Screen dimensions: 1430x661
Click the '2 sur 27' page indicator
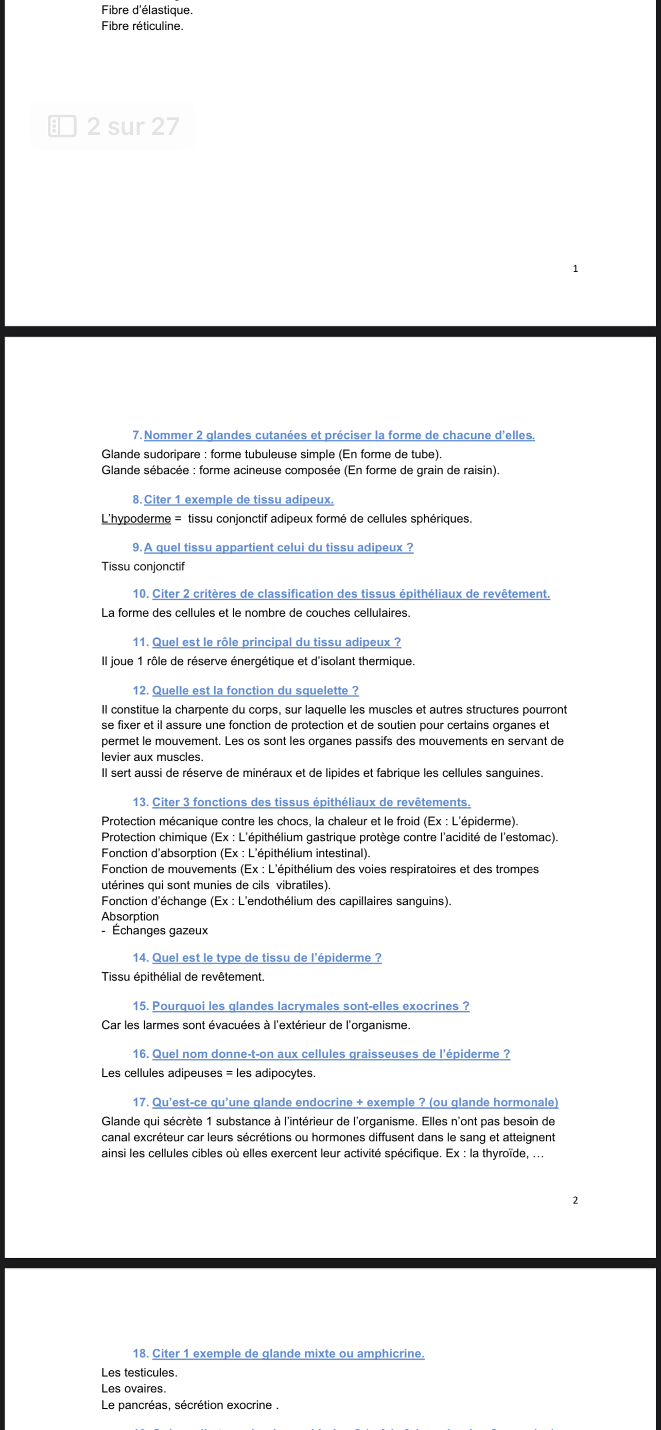[x=133, y=127]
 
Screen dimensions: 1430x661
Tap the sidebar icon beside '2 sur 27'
[x=62, y=127]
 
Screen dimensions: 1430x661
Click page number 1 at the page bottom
[x=575, y=269]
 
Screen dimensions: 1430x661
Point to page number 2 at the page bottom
[x=575, y=1200]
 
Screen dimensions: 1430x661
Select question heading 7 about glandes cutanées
[x=339, y=435]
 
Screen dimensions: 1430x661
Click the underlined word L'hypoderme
[x=136, y=518]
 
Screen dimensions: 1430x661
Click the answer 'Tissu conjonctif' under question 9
[x=143, y=566]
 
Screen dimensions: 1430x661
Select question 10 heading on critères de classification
[x=351, y=594]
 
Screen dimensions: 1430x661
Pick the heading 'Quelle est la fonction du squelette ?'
[x=255, y=691]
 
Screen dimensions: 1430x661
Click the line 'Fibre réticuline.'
[x=142, y=26]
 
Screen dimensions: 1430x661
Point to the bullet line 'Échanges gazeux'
[x=160, y=930]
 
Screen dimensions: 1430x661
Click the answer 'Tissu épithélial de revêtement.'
[x=183, y=976]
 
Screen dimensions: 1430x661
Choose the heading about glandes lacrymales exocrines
[x=310, y=1006]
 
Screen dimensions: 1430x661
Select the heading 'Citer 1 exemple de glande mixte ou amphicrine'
[x=288, y=1353]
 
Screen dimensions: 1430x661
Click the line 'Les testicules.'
[x=140, y=1372]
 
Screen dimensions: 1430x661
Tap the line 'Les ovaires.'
[x=134, y=1388]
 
